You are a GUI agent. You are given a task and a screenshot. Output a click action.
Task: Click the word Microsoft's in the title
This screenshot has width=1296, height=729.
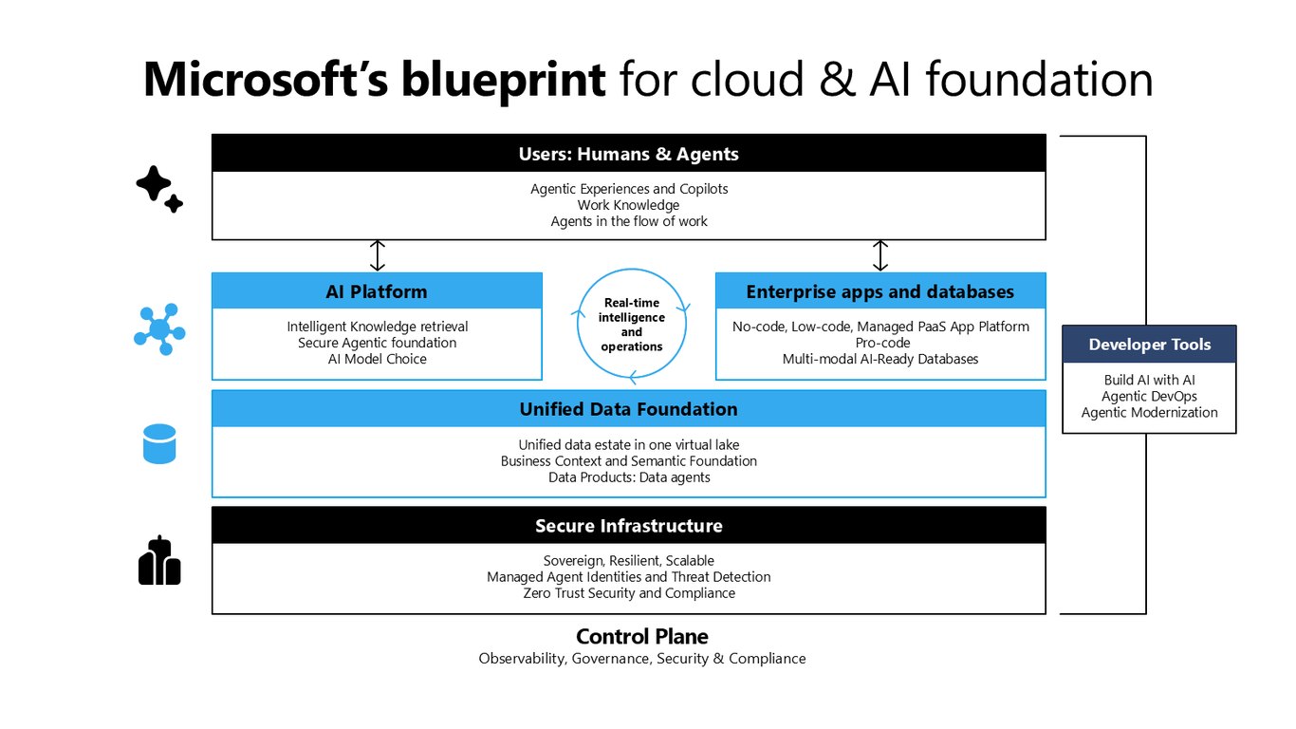coord(266,80)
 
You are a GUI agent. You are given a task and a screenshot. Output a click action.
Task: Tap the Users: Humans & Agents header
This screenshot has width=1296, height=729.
coord(628,154)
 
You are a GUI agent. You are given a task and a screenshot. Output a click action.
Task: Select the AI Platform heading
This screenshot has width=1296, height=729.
coord(377,291)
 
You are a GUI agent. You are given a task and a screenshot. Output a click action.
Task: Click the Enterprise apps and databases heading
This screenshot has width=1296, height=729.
coord(880,291)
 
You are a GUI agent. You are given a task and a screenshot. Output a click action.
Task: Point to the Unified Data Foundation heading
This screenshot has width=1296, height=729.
coord(628,409)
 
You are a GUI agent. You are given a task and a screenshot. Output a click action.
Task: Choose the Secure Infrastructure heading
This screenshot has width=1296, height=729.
coord(628,525)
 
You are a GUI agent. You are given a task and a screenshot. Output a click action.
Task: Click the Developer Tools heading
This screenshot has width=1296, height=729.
coord(1150,345)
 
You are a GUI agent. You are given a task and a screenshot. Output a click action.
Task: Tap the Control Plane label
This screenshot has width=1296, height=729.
coord(641,636)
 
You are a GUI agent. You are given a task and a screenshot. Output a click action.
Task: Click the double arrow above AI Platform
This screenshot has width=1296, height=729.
coord(378,255)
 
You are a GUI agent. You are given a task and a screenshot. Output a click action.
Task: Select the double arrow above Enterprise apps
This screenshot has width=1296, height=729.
coord(880,255)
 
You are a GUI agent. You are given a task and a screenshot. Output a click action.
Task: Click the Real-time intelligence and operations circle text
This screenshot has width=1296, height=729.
coord(631,325)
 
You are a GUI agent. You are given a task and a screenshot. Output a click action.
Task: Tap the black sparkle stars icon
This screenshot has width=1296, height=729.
coord(159,189)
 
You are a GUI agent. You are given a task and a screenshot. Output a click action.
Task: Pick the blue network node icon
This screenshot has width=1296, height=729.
coord(159,328)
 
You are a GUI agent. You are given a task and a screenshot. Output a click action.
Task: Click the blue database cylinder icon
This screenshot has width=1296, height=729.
coord(159,444)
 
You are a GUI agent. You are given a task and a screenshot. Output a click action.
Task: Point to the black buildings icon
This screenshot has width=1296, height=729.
coord(159,560)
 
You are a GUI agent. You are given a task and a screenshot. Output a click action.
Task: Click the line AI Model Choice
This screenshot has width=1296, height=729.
coord(378,359)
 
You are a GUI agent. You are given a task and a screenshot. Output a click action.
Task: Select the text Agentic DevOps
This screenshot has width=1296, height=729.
coord(1149,396)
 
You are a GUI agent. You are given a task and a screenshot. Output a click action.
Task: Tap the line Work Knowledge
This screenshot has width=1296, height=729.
coord(628,205)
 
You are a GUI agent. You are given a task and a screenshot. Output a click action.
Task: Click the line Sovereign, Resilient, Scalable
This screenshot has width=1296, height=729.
coord(628,560)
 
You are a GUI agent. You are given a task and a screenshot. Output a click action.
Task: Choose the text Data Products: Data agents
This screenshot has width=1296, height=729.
coord(629,477)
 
